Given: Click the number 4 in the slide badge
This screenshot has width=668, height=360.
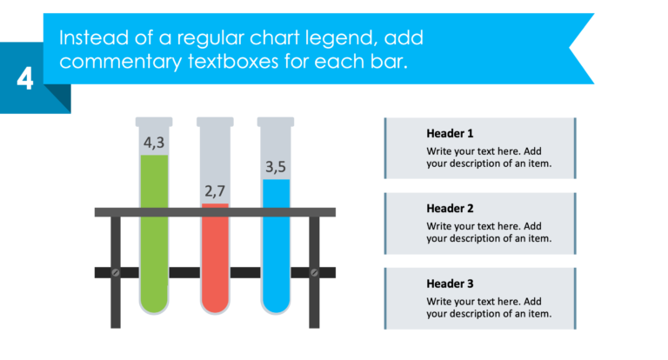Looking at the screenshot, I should coord(25,80).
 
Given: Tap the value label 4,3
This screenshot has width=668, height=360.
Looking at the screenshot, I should coord(155,142).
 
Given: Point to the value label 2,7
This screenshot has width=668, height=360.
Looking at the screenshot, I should coord(215,190).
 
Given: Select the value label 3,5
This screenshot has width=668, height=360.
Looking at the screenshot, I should coord(276,165).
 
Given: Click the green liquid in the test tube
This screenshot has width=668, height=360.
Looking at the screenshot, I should coord(154,243).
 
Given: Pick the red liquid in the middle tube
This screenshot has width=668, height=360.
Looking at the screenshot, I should coord(215,261).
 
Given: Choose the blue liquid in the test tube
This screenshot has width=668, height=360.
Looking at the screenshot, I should coord(276,252).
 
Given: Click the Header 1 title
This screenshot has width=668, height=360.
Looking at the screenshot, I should coord(450,134).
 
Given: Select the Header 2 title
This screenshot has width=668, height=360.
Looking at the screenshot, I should coord(450,209).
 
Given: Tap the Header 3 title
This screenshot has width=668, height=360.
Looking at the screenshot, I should coord(450,283).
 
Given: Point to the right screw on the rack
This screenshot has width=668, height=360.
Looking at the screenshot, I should coord(314,273).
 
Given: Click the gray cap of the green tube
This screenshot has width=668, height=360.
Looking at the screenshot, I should coord(154,122).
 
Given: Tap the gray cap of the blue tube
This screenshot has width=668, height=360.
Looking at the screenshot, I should coord(276,122).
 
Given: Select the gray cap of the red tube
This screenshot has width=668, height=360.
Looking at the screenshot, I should coord(215,122).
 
